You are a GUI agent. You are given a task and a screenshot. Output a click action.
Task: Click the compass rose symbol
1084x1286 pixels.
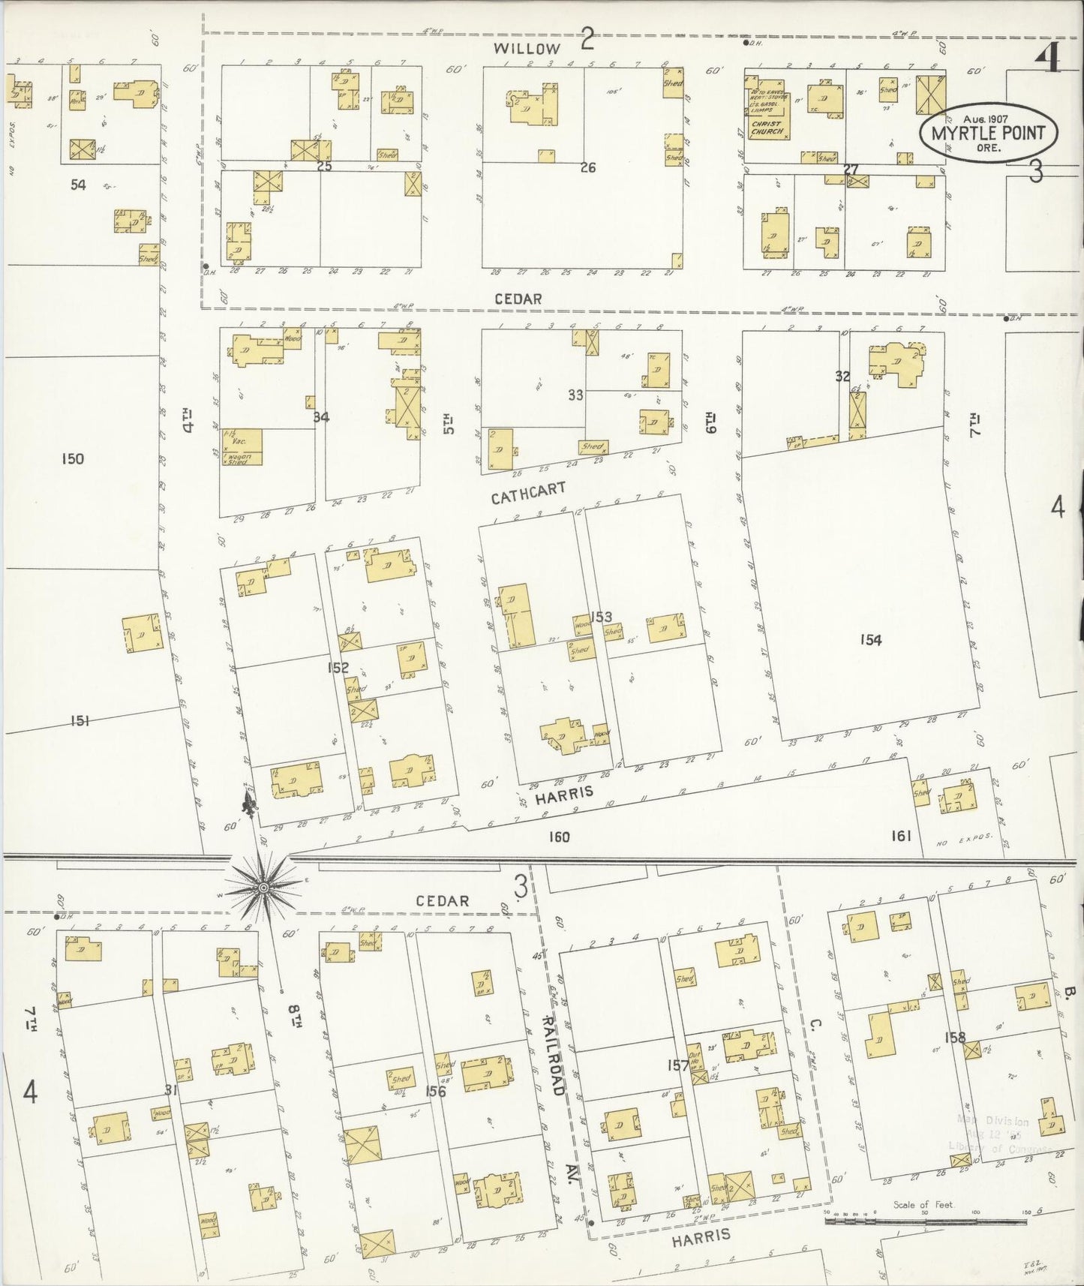click(x=263, y=888)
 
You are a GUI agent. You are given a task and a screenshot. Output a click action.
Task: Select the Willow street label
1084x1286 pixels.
click(x=527, y=49)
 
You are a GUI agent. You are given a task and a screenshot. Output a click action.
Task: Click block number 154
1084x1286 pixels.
click(x=870, y=640)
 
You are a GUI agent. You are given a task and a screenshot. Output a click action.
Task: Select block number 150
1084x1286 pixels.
click(x=73, y=459)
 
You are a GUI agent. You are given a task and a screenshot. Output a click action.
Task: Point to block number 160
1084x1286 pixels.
click(x=559, y=837)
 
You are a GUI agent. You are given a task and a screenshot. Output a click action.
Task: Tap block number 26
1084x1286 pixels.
click(x=587, y=168)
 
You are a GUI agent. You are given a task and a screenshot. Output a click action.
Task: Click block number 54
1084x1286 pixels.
click(x=78, y=185)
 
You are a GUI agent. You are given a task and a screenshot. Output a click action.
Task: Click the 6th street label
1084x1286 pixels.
click(x=709, y=425)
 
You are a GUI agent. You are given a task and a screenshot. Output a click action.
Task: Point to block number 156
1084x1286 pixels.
click(x=435, y=1091)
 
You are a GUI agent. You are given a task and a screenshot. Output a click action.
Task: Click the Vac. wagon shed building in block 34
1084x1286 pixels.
click(x=242, y=448)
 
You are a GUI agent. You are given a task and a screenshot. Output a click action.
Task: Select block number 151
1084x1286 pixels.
click(x=80, y=721)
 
